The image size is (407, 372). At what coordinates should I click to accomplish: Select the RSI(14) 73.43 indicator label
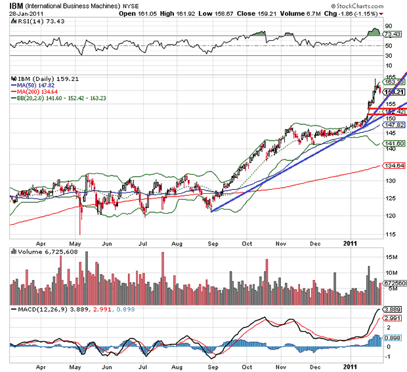[33, 21]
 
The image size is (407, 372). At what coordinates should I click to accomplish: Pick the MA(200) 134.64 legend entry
[35, 91]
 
